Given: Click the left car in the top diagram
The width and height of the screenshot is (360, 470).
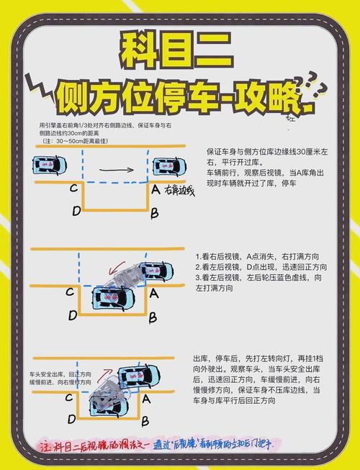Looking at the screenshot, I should tap(50, 166).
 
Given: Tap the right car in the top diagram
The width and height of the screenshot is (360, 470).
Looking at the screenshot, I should tap(165, 166).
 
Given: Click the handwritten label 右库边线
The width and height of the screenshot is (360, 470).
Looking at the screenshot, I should tap(180, 192).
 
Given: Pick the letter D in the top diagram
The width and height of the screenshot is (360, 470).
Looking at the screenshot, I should tap(76, 212).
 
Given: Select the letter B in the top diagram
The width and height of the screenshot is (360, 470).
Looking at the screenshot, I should tap(153, 212).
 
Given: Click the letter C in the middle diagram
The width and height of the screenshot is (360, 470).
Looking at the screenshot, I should tap(70, 292).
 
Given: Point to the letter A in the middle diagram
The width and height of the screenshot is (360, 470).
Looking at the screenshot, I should tap(154, 292).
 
